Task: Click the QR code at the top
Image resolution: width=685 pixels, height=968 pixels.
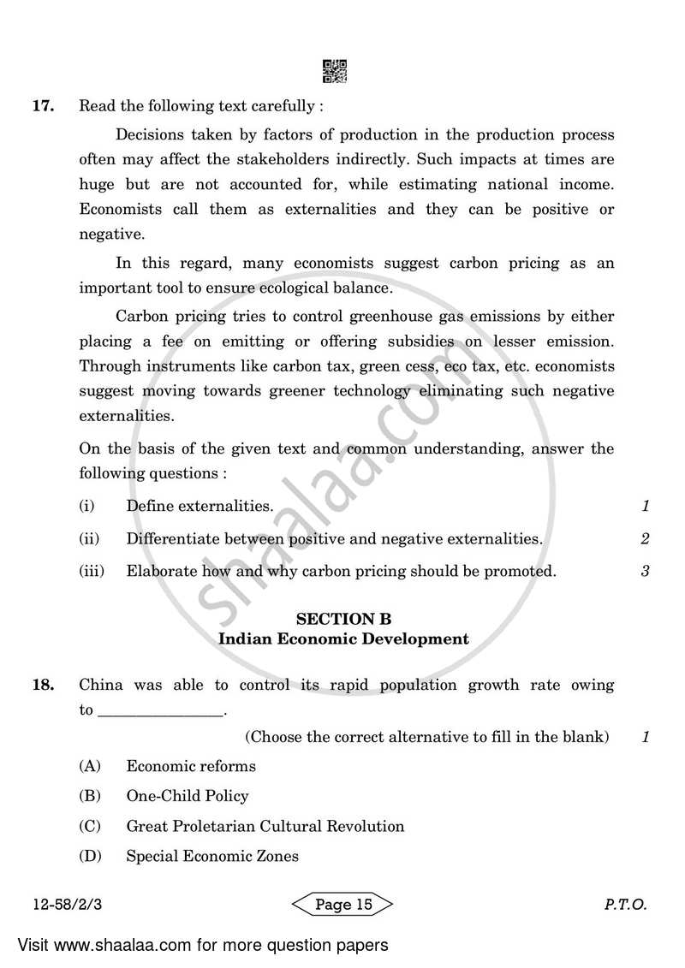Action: pyautogui.click(x=335, y=72)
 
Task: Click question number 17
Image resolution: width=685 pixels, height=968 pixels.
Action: pyautogui.click(x=44, y=107)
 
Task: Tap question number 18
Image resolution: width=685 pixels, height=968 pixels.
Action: pyautogui.click(x=44, y=685)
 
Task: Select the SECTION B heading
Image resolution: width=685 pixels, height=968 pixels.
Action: pyautogui.click(x=343, y=619)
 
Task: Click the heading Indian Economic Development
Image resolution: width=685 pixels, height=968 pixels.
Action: pyautogui.click(x=343, y=638)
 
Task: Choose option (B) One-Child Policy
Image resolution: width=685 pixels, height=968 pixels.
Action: pyautogui.click(x=187, y=796)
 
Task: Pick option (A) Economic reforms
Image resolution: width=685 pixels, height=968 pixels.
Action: pyautogui.click(x=190, y=766)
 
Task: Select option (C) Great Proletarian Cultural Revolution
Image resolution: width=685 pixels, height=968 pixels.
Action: pyautogui.click(x=265, y=827)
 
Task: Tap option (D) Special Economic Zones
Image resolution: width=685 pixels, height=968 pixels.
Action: pyautogui.click(x=212, y=857)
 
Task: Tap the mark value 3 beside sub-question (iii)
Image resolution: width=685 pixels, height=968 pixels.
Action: pyautogui.click(x=645, y=572)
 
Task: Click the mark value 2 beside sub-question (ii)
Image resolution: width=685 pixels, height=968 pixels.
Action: pyautogui.click(x=645, y=539)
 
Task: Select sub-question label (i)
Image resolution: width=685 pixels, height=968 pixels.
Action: pyautogui.click(x=86, y=507)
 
